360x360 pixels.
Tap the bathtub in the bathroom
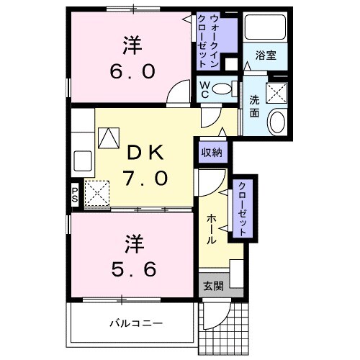tap(265, 28)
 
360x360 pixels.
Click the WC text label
tap(205, 89)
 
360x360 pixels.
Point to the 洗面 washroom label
tap(255, 107)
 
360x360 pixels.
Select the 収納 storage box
tap(212, 152)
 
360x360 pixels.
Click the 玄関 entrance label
tap(212, 286)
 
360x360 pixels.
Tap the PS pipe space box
tap(75, 193)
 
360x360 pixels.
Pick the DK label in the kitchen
tap(147, 152)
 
